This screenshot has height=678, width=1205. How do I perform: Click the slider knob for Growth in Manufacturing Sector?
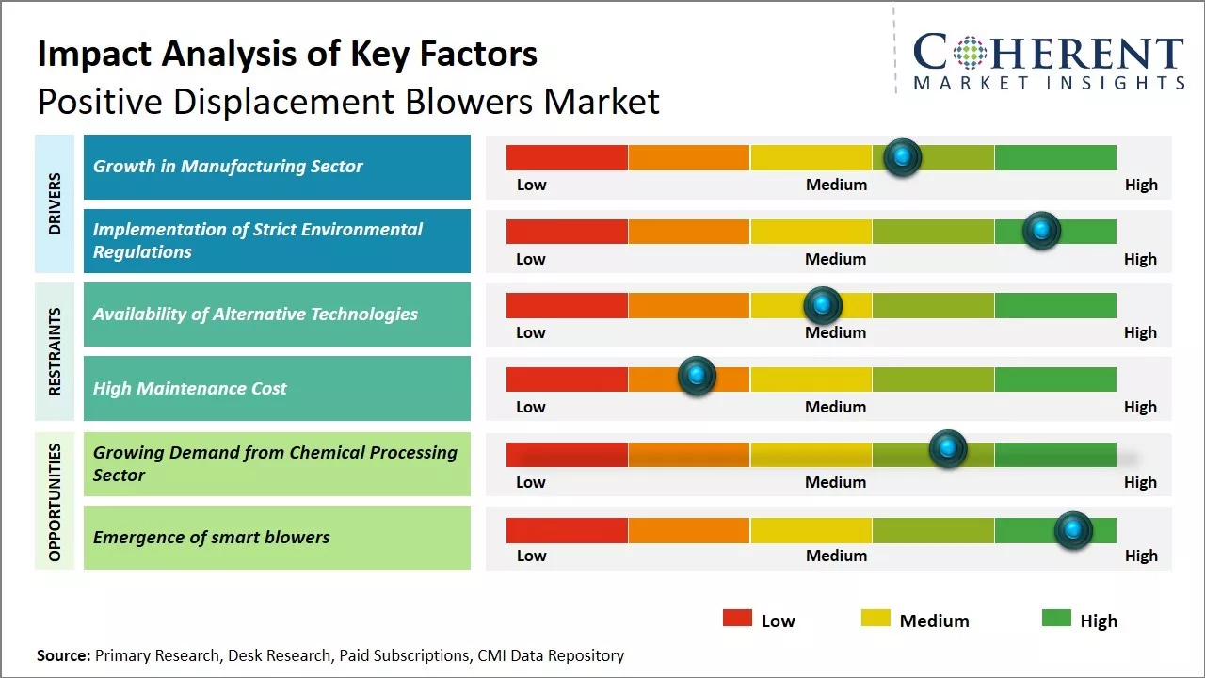[x=903, y=157]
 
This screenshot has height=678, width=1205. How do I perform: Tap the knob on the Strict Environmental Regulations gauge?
[x=1041, y=231]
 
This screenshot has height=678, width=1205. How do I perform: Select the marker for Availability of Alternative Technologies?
[x=823, y=305]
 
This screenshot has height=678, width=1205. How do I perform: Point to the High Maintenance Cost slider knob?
[x=697, y=377]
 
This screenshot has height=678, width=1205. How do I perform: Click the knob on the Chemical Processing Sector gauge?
[x=948, y=449]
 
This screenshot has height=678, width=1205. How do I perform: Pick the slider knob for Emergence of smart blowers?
[x=1073, y=530]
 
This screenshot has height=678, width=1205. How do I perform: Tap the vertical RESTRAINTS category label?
[x=55, y=351]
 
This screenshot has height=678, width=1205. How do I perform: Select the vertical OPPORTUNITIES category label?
[x=55, y=502]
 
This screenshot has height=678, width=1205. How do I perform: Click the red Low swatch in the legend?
[x=737, y=619]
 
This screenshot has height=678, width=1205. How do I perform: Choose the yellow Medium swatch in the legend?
[x=876, y=619]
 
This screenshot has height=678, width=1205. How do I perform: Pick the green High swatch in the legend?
[x=1056, y=619]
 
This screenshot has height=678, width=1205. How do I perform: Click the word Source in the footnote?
[x=62, y=655]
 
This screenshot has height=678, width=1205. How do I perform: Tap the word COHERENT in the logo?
[x=1048, y=53]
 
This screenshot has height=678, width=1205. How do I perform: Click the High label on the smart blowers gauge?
[x=1141, y=556]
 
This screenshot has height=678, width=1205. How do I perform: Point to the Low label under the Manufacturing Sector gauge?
[x=531, y=185]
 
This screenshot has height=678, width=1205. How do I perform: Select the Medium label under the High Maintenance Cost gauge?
[x=835, y=407]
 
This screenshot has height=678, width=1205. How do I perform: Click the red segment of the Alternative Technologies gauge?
[x=567, y=305]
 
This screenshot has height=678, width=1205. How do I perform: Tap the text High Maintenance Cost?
[x=189, y=388]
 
